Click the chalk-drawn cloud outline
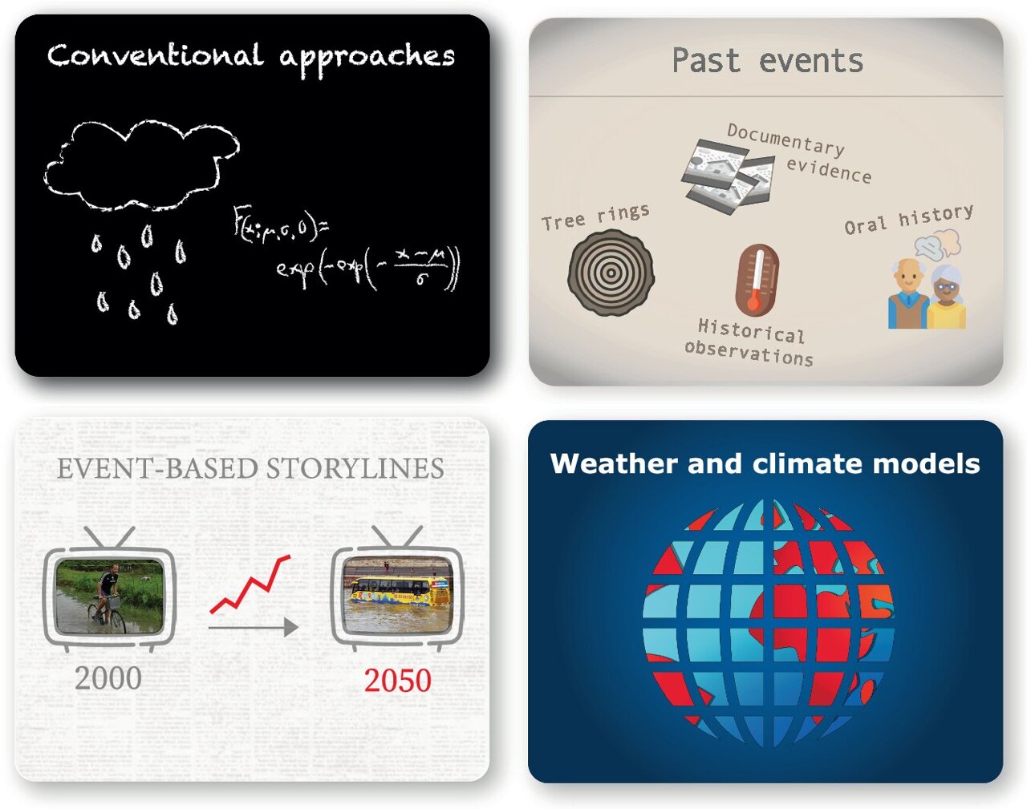[x=140, y=166]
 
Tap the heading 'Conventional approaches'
[x=250, y=56]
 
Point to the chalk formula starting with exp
[x=367, y=269]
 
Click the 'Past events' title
[x=767, y=61]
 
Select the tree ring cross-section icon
[x=611, y=272]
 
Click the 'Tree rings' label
[x=595, y=216]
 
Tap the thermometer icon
[x=757, y=280]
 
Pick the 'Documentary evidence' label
[x=799, y=152]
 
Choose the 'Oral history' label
[x=908, y=219]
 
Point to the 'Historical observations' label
[x=749, y=342]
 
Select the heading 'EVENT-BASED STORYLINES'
[x=250, y=468]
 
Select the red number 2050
[x=397, y=681]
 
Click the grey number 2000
[x=108, y=678]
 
